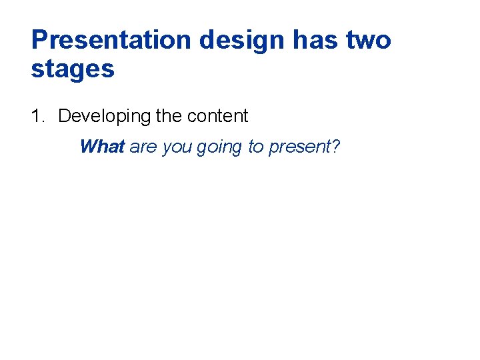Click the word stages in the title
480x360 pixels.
73,69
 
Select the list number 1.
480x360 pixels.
37,116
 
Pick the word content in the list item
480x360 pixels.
217,116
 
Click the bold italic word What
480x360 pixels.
102,147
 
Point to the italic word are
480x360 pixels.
143,147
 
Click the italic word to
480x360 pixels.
256,147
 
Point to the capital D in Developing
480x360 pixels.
64,116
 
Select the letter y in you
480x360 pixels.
166,149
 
